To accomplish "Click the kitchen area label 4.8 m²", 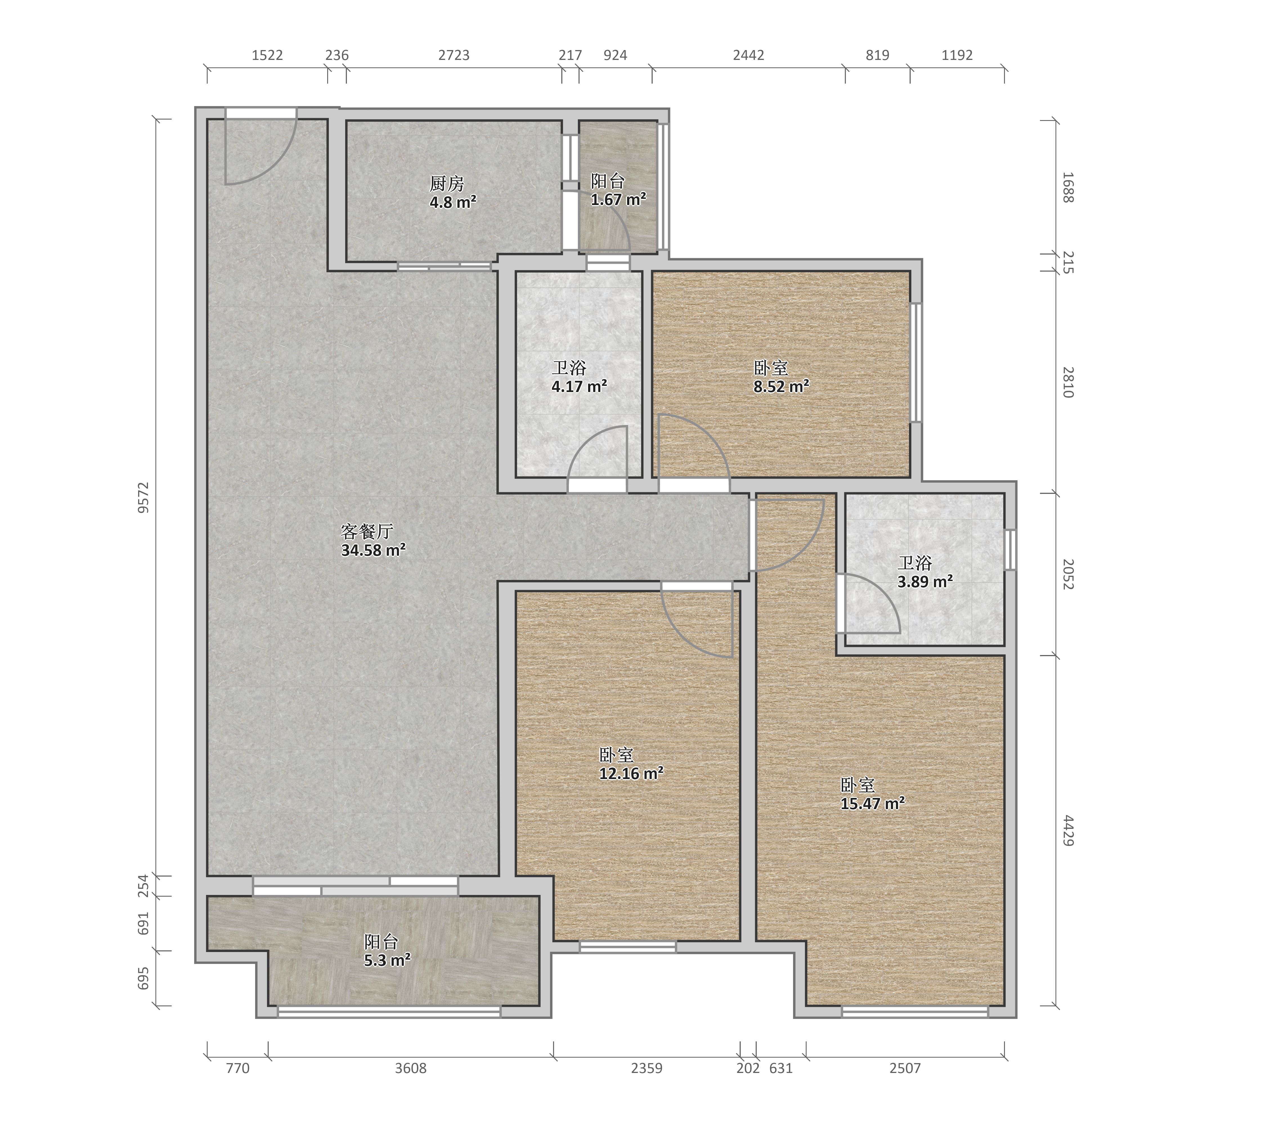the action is pos(453,202).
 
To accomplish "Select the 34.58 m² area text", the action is pos(374,550).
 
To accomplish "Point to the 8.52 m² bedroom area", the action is pos(781,387).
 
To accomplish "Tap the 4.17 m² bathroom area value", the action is pos(579,387).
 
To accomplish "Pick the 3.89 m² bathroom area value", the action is pos(925,582).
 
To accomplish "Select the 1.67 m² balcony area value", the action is pos(618,200).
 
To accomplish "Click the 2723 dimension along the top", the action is pos(454,55).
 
